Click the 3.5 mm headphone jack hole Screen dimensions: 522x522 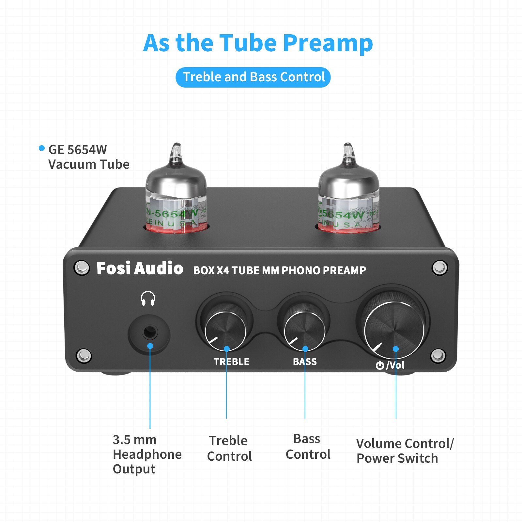point(150,332)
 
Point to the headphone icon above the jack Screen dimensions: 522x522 point(148,298)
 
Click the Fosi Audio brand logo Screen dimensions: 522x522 point(140,269)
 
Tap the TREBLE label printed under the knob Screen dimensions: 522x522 point(231,362)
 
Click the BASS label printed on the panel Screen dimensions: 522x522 point(305,361)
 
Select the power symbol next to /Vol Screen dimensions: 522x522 point(379,365)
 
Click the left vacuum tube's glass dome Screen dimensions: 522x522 point(176,183)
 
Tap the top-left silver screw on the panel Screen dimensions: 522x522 point(82,268)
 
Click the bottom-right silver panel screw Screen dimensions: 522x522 point(438,356)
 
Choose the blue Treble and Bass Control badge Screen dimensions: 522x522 point(253,77)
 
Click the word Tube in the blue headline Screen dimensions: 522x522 point(249,43)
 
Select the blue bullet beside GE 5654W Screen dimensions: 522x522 point(41,148)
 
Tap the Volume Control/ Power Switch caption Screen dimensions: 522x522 point(405,451)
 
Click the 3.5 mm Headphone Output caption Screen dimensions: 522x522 point(147,454)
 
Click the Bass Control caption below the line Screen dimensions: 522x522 point(308,447)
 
